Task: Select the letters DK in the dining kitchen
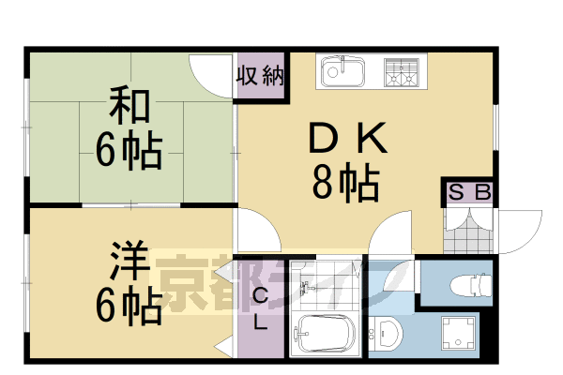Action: point(345,141)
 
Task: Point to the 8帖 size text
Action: point(345,183)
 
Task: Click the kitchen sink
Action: point(342,71)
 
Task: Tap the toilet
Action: point(469,283)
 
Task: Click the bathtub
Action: point(324,334)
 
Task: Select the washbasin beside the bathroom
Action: point(387,333)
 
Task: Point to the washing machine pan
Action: point(449,334)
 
